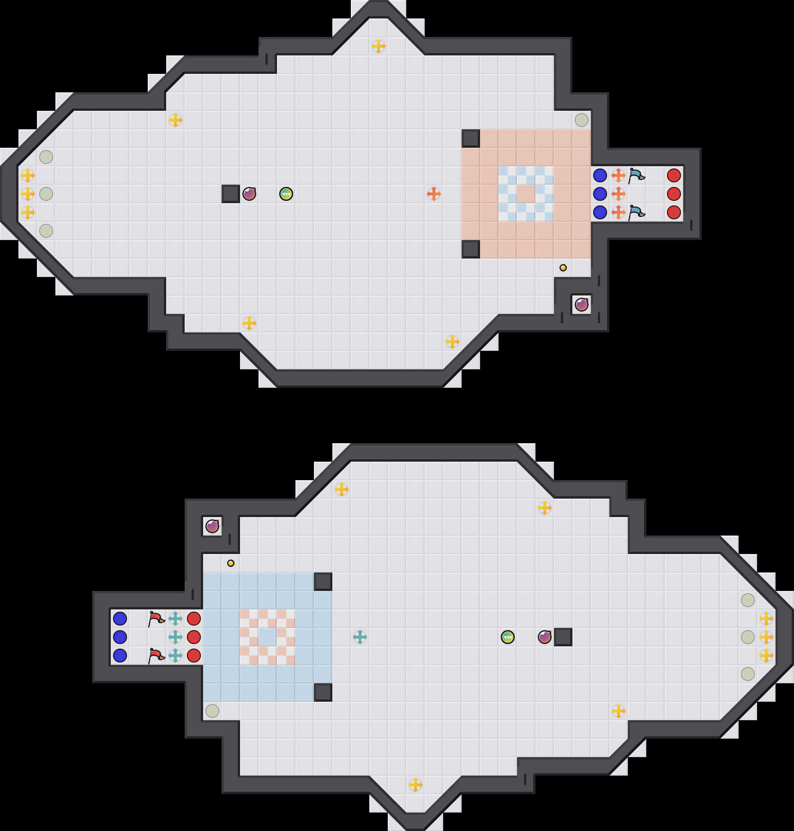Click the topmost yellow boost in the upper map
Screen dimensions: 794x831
pyautogui.click(x=379, y=46)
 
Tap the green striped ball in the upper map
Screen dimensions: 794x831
pyautogui.click(x=286, y=194)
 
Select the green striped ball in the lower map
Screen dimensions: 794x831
pyautogui.click(x=508, y=637)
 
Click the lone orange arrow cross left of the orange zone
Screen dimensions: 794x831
pyautogui.click(x=434, y=194)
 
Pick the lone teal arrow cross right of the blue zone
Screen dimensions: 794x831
pyautogui.click(x=360, y=637)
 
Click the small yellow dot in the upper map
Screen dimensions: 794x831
pyautogui.click(x=563, y=268)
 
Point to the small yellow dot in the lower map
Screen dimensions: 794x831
pyautogui.click(x=231, y=563)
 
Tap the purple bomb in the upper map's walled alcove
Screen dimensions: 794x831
pyautogui.click(x=582, y=305)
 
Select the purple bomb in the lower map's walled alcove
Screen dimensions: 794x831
pyautogui.click(x=212, y=526)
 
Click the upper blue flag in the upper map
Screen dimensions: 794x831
pyautogui.click(x=637, y=175)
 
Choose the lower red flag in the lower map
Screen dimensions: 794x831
pyautogui.click(x=156, y=656)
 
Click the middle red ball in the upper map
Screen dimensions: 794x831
pyautogui.click(x=674, y=194)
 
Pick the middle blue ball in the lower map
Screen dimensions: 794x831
pyautogui.click(x=120, y=637)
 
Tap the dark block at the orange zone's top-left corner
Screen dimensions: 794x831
pyautogui.click(x=471, y=138)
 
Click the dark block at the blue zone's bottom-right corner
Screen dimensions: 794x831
pyautogui.click(x=323, y=692)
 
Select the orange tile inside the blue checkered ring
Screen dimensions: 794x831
pyautogui.click(x=526, y=194)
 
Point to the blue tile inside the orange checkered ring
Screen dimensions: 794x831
pyautogui.click(x=268, y=637)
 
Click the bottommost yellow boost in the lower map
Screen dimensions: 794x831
pyautogui.click(x=415, y=785)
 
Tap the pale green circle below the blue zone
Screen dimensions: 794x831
pyautogui.click(x=212, y=711)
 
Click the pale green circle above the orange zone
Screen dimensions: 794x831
pyautogui.click(x=582, y=120)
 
